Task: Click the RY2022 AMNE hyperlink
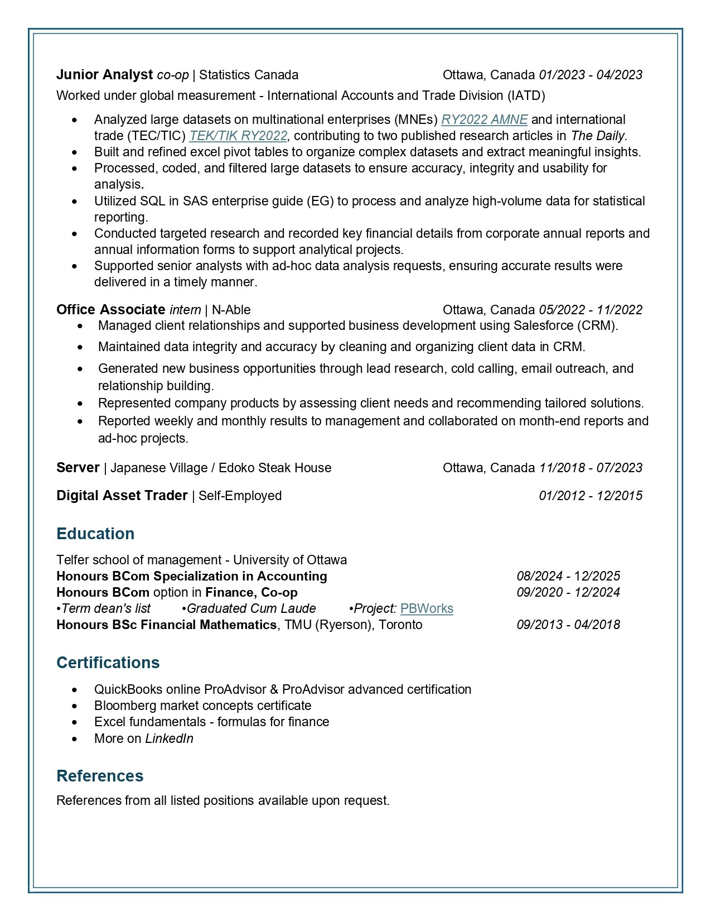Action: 484,119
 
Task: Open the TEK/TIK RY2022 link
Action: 238,136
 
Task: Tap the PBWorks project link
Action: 427,608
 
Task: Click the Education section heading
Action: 95,534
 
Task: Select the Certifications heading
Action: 108,663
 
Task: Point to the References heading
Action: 100,776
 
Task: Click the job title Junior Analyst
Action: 104,75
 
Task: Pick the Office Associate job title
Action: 110,310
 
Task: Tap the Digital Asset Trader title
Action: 122,496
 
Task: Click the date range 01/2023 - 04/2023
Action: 591,75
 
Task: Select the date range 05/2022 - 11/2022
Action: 591,310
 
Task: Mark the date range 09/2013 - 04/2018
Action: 568,625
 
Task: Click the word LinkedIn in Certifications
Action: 169,738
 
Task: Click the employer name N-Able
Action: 231,310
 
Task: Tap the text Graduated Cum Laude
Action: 251,608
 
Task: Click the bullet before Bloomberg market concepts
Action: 75,706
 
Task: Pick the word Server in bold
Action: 78,468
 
